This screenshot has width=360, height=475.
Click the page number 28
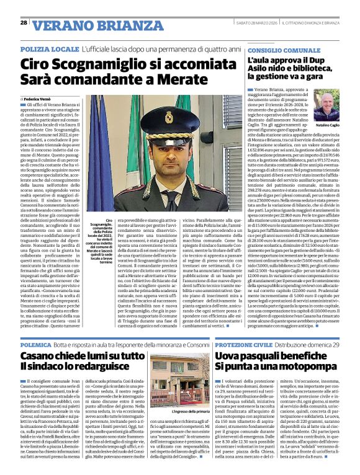point(23,23)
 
